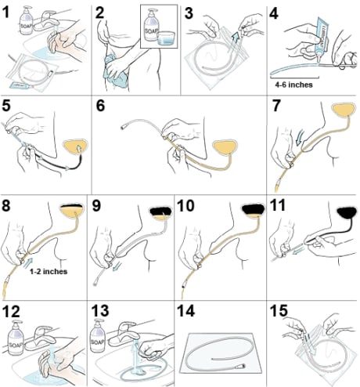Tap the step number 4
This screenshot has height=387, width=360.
click(x=273, y=13)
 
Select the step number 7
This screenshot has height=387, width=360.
click(x=273, y=107)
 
